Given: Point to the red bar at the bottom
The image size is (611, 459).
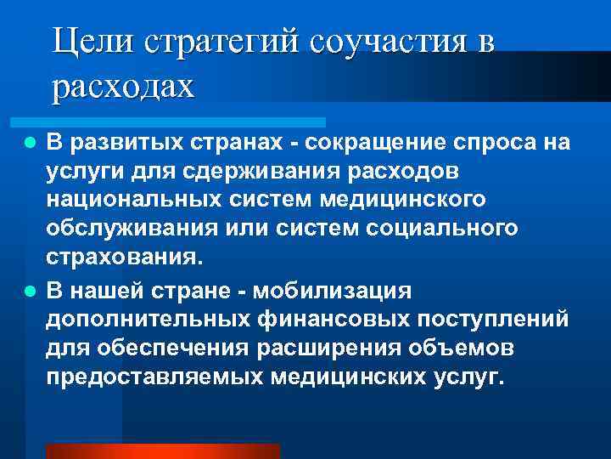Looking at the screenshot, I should [x=162, y=451].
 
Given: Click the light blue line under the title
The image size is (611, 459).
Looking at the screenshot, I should [x=186, y=122].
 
